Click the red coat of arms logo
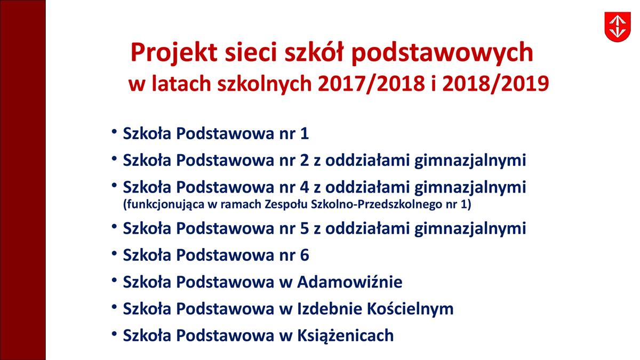618,27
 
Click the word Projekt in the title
174,53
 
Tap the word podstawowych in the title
443,53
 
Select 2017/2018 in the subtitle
371,84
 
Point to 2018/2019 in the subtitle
495,84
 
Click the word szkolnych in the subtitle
265,84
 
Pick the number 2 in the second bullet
305,161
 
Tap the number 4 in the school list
305,187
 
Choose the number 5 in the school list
305,228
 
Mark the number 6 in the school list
305,255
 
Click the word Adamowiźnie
350,282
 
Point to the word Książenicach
346,335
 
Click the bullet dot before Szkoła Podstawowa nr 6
114,253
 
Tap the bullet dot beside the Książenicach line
114,333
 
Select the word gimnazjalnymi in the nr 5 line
470,229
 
